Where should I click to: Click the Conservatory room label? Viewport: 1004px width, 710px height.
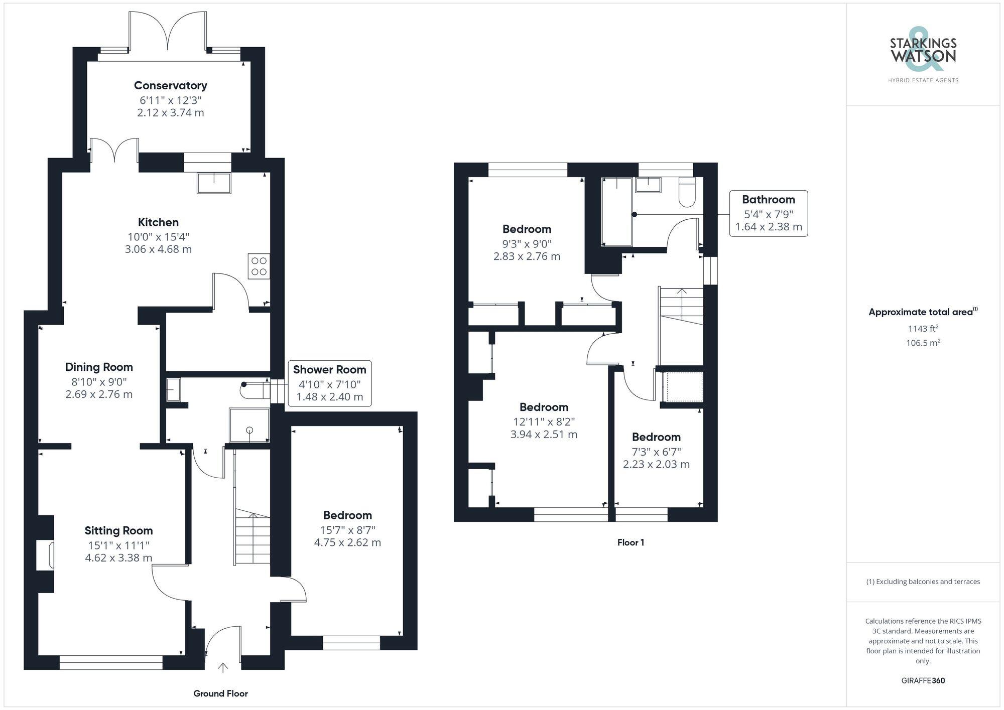[170, 86]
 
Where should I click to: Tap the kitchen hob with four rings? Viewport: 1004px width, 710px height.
[259, 266]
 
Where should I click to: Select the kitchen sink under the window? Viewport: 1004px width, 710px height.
[214, 183]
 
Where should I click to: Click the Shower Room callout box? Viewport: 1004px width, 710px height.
[329, 383]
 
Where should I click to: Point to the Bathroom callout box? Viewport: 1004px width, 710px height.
[768, 213]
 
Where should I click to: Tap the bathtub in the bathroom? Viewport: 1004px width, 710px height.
[616, 211]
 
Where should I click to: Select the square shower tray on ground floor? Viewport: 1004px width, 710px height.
[249, 425]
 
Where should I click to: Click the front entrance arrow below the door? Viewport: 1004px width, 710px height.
[223, 668]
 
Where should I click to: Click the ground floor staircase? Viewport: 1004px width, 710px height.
[253, 537]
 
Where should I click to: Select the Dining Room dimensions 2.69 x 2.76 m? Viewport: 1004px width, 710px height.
[99, 394]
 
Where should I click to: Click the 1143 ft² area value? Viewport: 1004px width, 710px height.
[923, 329]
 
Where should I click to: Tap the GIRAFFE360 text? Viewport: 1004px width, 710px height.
[923, 681]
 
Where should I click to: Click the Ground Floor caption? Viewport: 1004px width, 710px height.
[220, 693]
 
